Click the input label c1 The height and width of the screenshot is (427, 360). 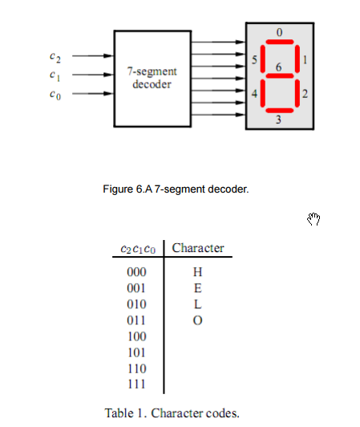pyautogui.click(x=53, y=75)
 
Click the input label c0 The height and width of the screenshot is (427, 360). pyautogui.click(x=53, y=95)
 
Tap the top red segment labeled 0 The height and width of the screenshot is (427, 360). pyautogui.click(x=279, y=43)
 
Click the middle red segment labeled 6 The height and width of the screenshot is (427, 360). pyautogui.click(x=279, y=76)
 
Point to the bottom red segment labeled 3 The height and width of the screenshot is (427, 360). pyautogui.click(x=278, y=110)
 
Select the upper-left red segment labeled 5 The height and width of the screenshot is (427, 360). pyautogui.click(x=261, y=59)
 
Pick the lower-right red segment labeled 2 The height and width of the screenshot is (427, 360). pyautogui.click(x=295, y=93)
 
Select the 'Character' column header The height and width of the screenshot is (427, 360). pyautogui.click(x=198, y=248)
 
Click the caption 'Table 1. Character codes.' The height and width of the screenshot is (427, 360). pyautogui.click(x=172, y=413)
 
